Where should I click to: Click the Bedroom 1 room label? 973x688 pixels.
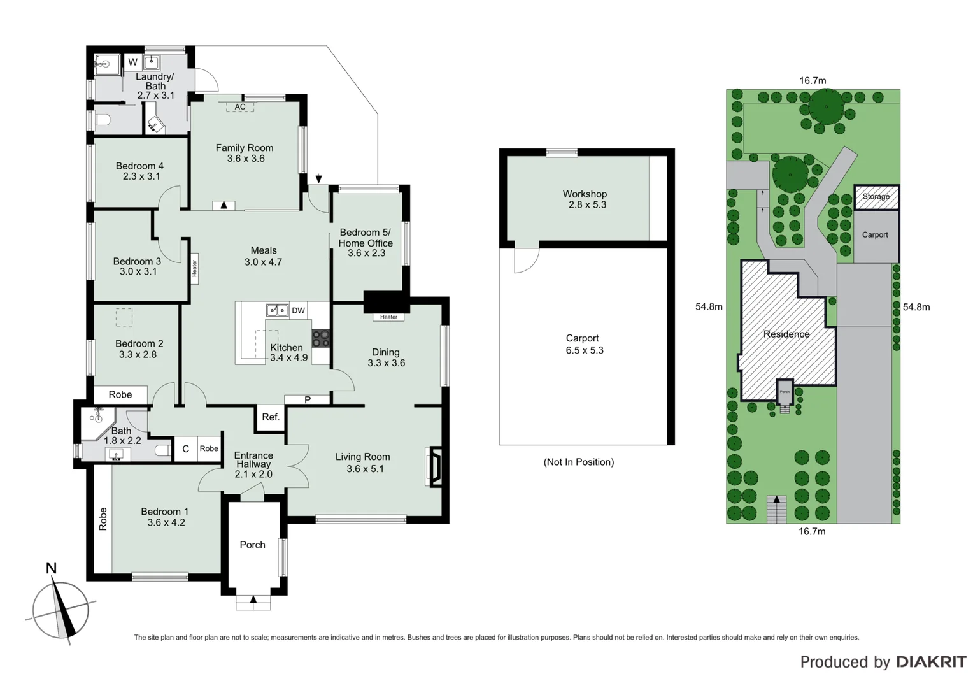click(x=165, y=512)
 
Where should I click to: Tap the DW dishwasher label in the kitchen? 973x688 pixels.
click(x=298, y=310)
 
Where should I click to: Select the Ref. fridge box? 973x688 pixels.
click(x=271, y=417)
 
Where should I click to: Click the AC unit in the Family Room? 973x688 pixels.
click(x=240, y=107)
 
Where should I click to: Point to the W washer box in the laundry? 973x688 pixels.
click(x=132, y=62)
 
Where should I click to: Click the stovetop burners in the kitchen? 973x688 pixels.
click(x=320, y=338)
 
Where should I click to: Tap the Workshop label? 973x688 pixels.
click(x=585, y=194)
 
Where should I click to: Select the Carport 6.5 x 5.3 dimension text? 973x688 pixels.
click(x=585, y=350)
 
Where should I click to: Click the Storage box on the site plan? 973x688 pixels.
click(x=876, y=197)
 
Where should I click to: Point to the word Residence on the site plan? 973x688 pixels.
click(x=786, y=334)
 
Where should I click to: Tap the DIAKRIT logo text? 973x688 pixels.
click(x=931, y=662)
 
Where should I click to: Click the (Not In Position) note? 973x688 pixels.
click(x=578, y=462)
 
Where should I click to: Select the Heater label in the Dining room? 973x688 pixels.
click(x=388, y=317)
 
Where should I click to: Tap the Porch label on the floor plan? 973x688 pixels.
click(x=252, y=545)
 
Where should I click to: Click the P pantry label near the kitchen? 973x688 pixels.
click(x=308, y=399)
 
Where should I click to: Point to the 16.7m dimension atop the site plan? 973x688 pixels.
click(x=813, y=80)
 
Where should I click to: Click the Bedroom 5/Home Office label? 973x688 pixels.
click(x=366, y=238)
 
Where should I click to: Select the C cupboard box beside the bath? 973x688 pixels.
click(x=185, y=448)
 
